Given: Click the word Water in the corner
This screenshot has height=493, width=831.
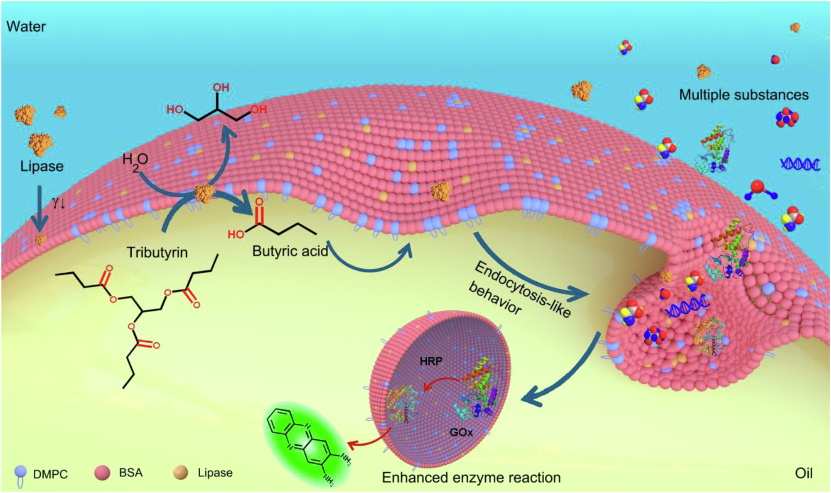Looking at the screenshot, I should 26,27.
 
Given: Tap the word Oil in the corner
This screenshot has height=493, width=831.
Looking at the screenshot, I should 803,473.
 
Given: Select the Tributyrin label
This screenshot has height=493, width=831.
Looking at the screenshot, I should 157,252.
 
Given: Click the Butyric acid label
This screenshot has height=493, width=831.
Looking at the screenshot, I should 290,251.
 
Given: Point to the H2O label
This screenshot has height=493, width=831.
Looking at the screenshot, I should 135,161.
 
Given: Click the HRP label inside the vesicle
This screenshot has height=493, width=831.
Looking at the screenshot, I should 431,361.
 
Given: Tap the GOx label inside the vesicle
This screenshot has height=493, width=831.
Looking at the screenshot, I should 461,432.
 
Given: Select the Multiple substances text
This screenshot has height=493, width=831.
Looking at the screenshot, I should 744,95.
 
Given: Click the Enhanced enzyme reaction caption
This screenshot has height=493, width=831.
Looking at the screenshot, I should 471,478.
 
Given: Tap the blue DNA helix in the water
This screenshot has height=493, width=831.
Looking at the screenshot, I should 800,164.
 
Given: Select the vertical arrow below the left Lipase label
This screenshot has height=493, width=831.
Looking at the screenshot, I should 39,208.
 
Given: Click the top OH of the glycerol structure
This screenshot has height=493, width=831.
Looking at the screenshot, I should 221,87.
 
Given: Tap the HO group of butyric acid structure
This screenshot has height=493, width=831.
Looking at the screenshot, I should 236,235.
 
